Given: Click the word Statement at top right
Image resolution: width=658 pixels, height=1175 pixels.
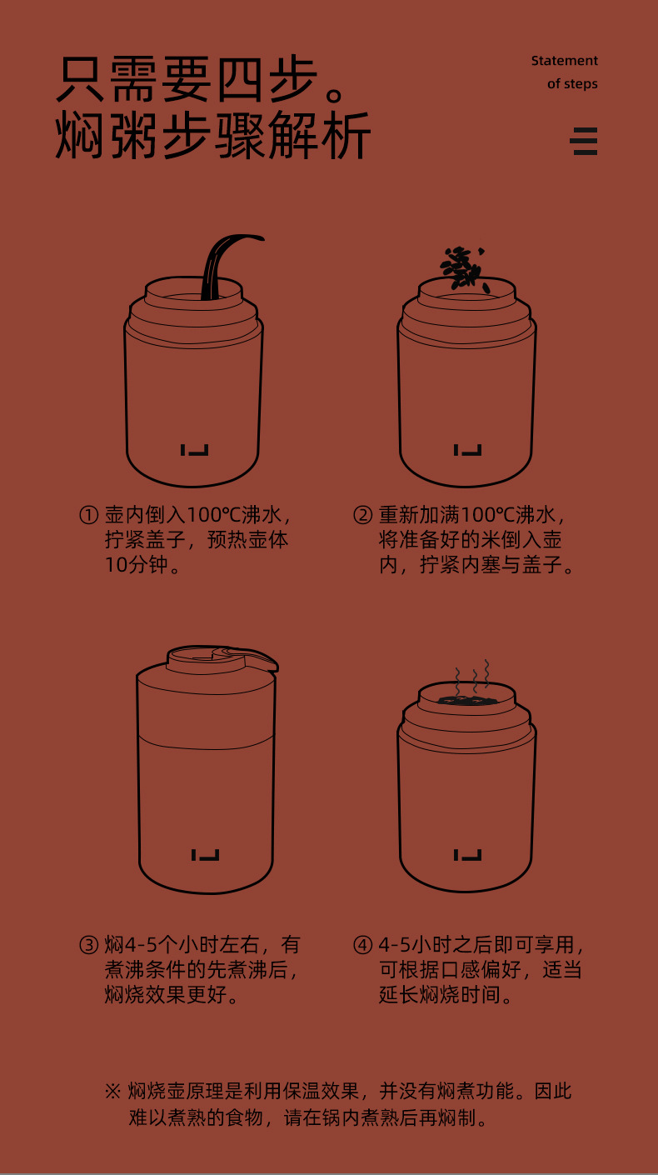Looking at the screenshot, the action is [x=564, y=61].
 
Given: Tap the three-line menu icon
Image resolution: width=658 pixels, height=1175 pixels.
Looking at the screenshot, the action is [x=584, y=141].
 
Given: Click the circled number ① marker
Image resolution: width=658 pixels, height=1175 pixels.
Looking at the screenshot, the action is [x=88, y=515].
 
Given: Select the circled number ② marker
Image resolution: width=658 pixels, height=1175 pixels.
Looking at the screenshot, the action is [x=363, y=515].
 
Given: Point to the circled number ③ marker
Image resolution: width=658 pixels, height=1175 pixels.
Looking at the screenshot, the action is [x=88, y=945].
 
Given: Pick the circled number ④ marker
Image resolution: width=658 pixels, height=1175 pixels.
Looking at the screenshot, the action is [x=363, y=945].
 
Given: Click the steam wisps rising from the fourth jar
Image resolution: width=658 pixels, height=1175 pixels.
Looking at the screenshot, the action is [x=473, y=676].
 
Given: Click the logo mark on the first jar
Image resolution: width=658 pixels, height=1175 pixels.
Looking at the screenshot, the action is [x=195, y=450].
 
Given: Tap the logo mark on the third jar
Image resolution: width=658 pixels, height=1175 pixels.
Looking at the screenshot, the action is [x=205, y=855].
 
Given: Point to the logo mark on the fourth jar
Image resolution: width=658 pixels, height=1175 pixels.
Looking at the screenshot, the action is [x=467, y=855].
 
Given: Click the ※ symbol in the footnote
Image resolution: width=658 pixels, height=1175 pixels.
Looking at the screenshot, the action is [x=112, y=1091].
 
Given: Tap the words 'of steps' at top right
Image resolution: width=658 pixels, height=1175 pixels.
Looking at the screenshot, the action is [x=572, y=84].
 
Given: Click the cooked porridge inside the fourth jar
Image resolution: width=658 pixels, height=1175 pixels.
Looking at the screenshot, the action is [x=462, y=700].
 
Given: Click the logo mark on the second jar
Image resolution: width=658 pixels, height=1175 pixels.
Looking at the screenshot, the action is [x=467, y=450].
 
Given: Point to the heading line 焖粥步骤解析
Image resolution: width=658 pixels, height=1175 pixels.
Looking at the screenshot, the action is [x=213, y=135].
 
